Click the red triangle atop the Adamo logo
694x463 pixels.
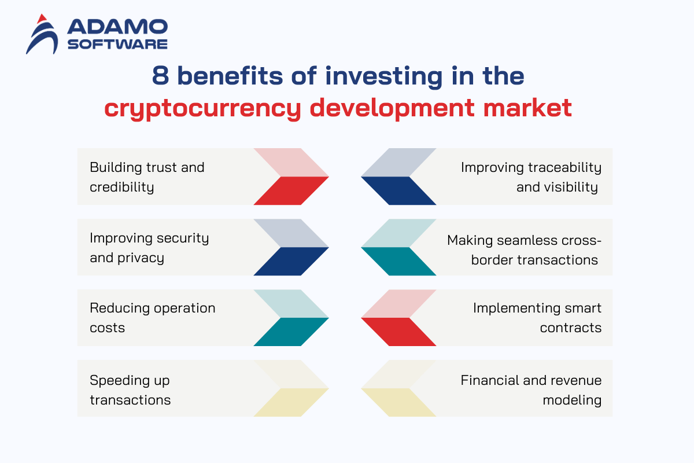42,19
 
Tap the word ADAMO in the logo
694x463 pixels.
117,27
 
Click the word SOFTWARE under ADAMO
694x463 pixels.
117,44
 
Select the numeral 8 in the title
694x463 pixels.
161,75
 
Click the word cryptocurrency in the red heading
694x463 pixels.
202,109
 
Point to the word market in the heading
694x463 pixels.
527,107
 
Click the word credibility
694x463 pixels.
122,188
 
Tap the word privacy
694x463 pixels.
141,258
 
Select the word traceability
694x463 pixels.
565,168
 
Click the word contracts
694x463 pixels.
571,328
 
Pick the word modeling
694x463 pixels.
572,400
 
